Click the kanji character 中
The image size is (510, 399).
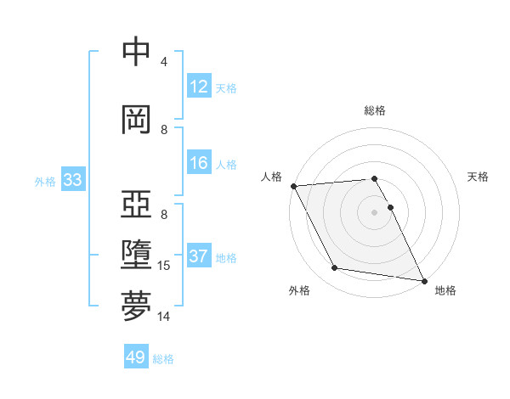click(137, 52)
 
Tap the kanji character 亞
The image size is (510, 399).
click(137, 206)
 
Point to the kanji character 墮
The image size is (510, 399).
click(137, 256)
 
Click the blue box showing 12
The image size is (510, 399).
click(199, 87)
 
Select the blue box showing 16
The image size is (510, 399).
click(199, 164)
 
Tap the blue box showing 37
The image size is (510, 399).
click(199, 257)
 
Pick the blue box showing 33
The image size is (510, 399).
click(72, 180)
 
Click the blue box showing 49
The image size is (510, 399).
click(136, 357)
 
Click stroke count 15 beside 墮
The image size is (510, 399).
click(164, 266)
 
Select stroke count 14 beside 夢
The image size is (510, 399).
click(164, 317)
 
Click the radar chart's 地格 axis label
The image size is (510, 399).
click(445, 290)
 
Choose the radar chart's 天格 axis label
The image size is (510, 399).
click(478, 177)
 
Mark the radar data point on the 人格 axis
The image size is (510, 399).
click(293, 186)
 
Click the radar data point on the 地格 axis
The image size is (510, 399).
click(423, 280)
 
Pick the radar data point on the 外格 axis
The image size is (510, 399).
click(335, 268)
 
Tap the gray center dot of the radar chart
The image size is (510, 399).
click(374, 211)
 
